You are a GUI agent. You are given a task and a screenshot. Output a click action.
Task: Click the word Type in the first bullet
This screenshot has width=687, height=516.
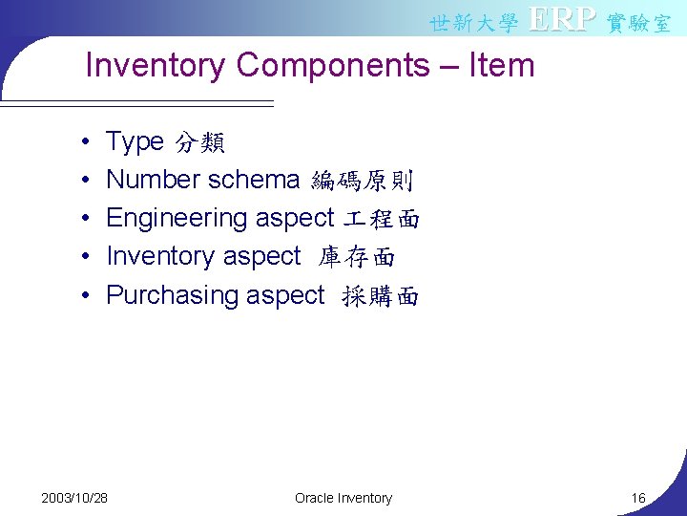[x=135, y=142]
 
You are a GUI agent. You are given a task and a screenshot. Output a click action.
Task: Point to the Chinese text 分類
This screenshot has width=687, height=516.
[x=199, y=143]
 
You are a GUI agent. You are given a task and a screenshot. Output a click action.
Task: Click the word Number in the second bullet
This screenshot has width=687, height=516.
[x=153, y=180]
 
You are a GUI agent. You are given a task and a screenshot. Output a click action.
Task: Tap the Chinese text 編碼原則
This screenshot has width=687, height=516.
[x=362, y=181]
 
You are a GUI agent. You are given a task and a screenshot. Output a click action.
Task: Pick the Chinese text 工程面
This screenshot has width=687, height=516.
[x=381, y=219]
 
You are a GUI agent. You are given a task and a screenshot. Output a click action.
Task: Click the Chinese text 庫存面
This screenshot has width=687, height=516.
[x=357, y=257]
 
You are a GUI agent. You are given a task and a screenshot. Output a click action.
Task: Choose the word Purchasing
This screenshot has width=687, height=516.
[x=172, y=295]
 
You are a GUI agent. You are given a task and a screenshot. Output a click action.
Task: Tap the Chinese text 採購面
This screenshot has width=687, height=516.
[x=380, y=296]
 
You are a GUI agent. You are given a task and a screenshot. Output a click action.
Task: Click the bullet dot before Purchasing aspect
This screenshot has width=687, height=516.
[x=86, y=296]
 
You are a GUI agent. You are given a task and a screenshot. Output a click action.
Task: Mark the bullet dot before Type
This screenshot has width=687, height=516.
[x=86, y=143]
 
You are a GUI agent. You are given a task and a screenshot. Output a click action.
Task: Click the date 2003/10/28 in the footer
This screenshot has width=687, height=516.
[x=74, y=498]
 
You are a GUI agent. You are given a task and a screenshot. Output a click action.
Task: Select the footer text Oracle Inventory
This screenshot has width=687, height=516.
[x=343, y=498]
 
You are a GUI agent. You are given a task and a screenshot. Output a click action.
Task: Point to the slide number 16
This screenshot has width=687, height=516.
[x=638, y=498]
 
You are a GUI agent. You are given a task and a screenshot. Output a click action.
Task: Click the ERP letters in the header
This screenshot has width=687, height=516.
[x=562, y=19]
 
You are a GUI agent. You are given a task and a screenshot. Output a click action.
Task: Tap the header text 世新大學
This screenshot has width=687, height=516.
[x=473, y=22]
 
